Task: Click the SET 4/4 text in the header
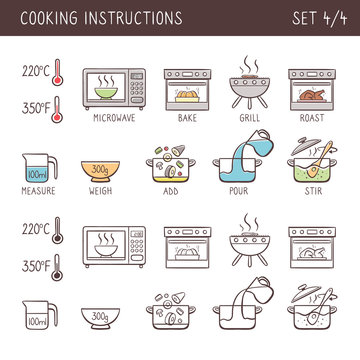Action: (319, 18)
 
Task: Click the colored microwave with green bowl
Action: (116, 88)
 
